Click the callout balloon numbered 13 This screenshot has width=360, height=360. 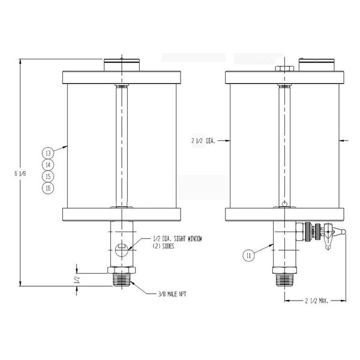(48, 153)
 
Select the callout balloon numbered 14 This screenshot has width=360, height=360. (48, 165)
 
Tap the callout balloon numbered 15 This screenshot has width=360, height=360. (48, 176)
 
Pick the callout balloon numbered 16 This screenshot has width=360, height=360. (48, 188)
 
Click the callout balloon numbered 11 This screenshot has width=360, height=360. (248, 256)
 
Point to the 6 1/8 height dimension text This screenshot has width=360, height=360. (20, 173)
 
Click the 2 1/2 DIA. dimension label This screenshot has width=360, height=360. (203, 141)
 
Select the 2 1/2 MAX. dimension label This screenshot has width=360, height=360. (317, 301)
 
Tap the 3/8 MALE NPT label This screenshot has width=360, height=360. (172, 294)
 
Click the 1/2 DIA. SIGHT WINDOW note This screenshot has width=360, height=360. (178, 242)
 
